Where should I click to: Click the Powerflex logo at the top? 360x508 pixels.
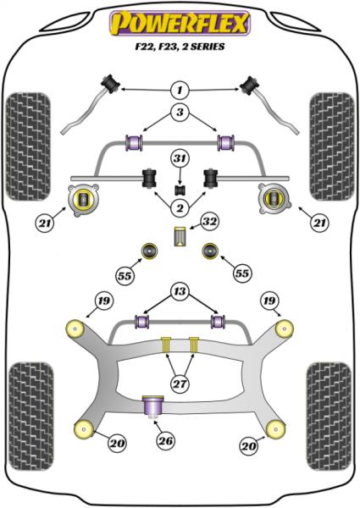180,23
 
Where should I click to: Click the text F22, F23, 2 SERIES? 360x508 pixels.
180,48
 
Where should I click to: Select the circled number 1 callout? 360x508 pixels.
180,90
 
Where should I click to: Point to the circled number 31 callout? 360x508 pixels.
179,158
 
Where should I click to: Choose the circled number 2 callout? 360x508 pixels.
180,208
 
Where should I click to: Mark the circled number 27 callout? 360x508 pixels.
180,382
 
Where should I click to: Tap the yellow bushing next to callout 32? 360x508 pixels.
180,236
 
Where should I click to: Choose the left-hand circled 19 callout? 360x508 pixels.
104,299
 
